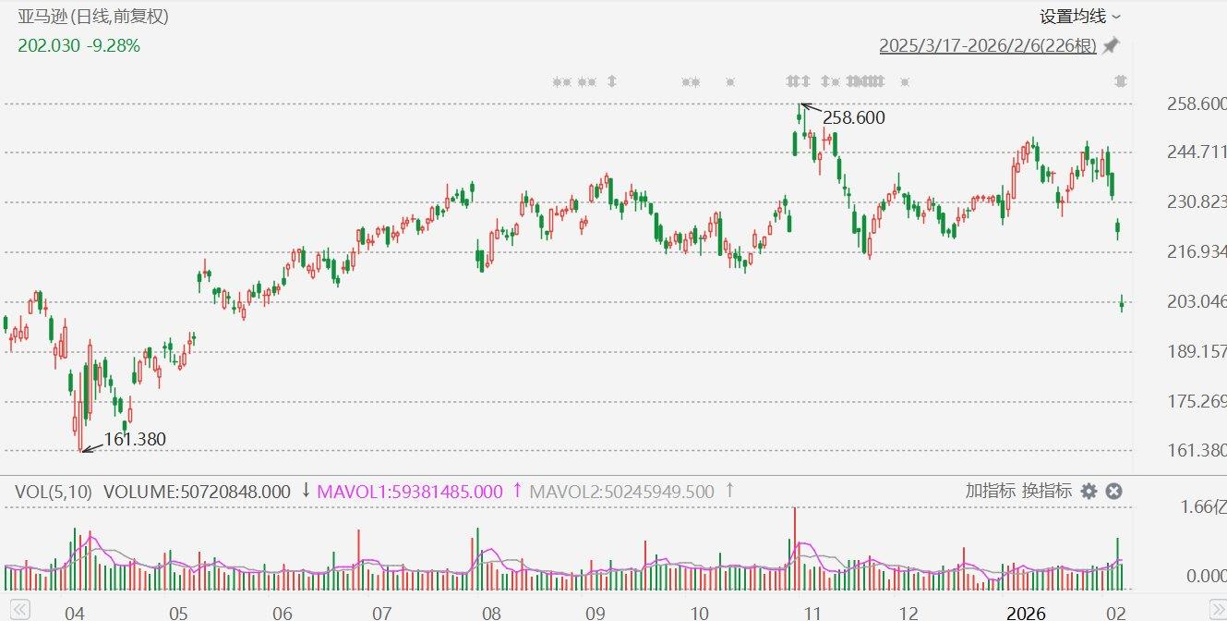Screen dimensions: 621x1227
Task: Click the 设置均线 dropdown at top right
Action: tap(1079, 17)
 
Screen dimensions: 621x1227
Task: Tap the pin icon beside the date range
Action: tap(1111, 45)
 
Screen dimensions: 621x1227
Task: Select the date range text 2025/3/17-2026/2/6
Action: tap(987, 46)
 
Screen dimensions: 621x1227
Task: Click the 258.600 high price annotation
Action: tap(853, 117)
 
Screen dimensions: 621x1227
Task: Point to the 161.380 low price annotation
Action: tap(135, 440)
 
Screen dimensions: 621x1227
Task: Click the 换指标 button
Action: tap(1047, 491)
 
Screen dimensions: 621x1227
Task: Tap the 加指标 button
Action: tap(991, 491)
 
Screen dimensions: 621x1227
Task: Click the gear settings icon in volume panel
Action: tap(1089, 492)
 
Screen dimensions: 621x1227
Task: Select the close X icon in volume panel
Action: tap(1113, 492)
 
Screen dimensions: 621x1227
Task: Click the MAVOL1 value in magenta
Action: tap(410, 492)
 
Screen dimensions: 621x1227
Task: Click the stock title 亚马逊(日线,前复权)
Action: tap(93, 17)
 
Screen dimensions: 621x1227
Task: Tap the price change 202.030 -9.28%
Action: tap(79, 45)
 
